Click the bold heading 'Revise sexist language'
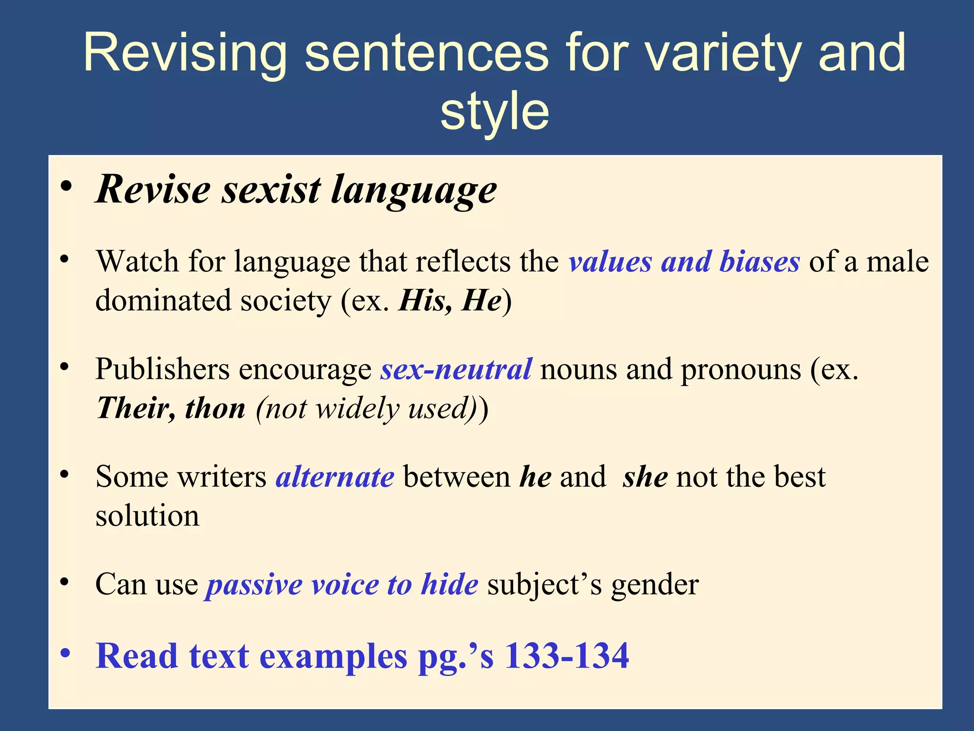296,189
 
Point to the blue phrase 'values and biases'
684,262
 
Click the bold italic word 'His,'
425,301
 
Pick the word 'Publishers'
162,369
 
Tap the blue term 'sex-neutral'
456,369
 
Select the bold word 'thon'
215,408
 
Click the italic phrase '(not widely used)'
366,408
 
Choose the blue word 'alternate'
335,477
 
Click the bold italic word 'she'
645,477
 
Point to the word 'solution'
147,516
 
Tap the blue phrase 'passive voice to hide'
341,584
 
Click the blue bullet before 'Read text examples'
66,653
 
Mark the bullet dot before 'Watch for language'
65,259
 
